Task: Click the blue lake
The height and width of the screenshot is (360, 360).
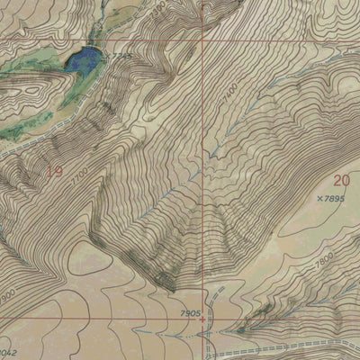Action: pyautogui.click(x=83, y=61)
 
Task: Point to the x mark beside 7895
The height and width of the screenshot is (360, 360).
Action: pyautogui.click(x=319, y=197)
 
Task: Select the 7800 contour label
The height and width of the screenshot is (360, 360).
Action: pyautogui.click(x=323, y=257)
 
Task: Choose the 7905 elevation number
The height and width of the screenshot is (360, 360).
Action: pyautogui.click(x=190, y=311)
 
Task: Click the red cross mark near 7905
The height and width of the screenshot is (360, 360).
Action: pyautogui.click(x=202, y=318)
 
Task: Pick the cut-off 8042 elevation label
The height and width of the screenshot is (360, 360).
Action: pyautogui.click(x=7, y=353)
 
